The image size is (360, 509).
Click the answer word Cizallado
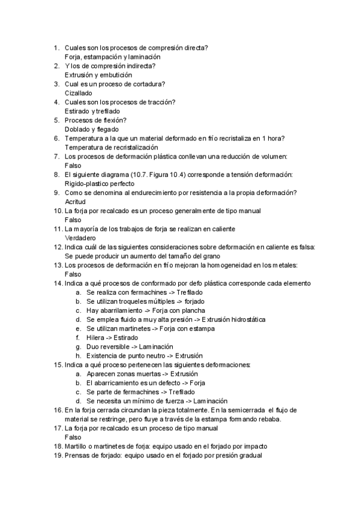point(78,93)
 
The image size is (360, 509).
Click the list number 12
point(58,247)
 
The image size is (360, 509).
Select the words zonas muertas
point(134,373)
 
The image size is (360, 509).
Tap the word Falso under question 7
point(73,165)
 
